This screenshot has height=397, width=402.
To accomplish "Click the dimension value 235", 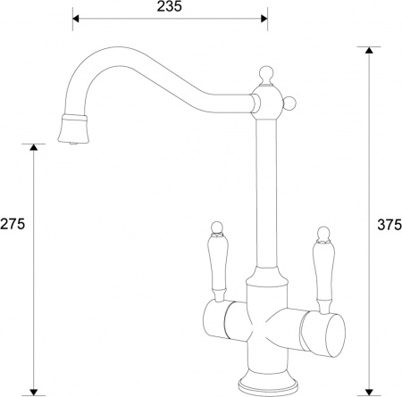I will click(x=169, y=7).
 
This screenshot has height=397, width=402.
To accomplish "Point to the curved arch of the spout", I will click(x=134, y=62).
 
